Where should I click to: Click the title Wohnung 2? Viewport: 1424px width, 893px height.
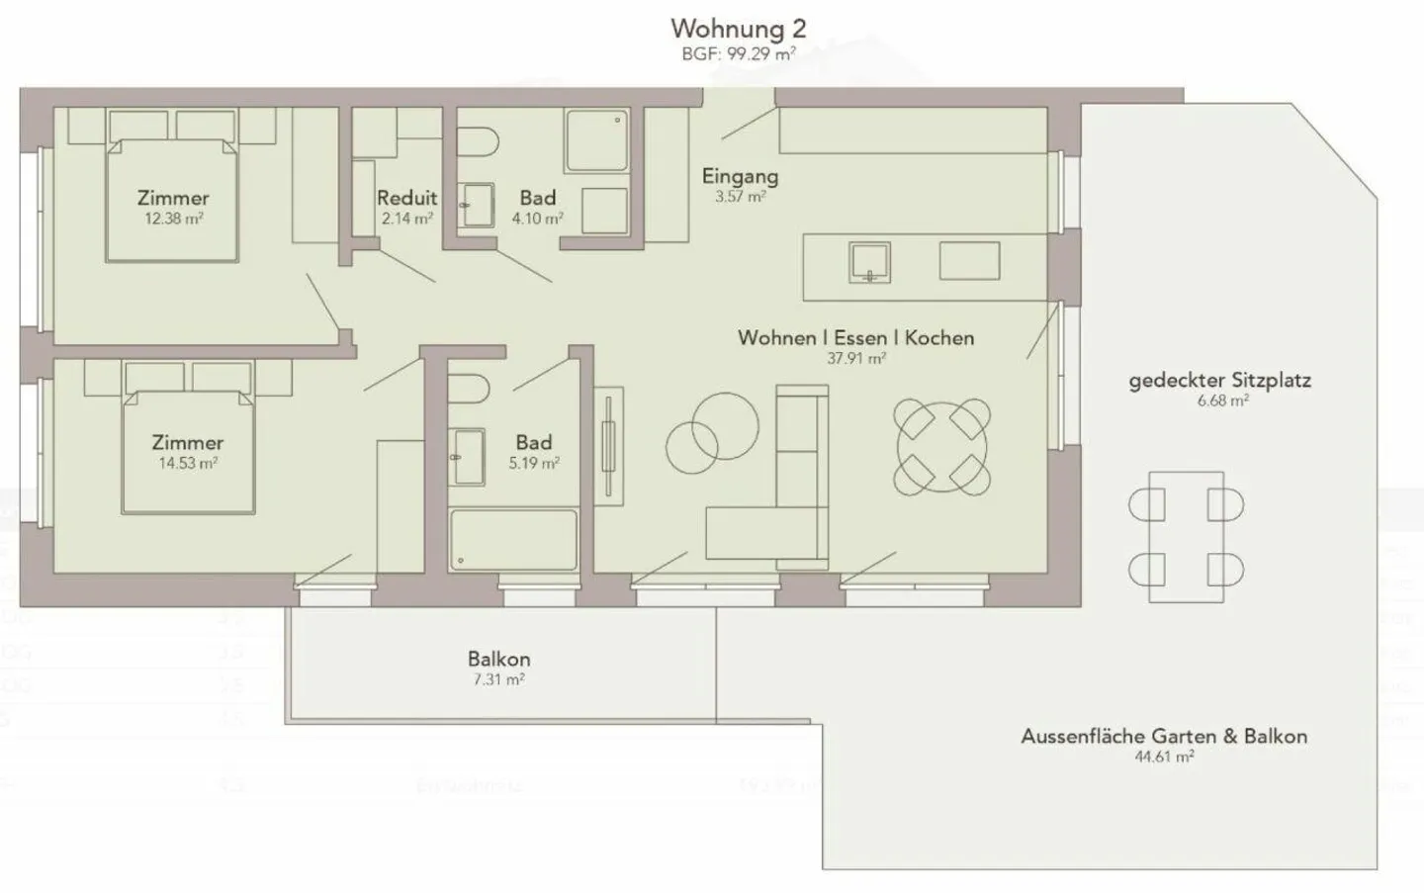pos(738,28)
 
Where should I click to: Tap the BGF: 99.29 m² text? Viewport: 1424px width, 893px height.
pos(738,54)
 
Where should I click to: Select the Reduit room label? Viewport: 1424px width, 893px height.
pos(406,198)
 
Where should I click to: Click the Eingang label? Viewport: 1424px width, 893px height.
pos(740,176)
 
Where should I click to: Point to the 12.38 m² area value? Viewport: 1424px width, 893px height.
pos(173,219)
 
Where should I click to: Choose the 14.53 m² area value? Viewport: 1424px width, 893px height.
pos(188,463)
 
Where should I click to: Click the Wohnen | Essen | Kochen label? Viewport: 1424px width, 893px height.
pos(855,337)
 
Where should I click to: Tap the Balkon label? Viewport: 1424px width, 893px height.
pos(498,659)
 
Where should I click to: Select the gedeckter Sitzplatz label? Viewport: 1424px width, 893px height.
pos(1219,380)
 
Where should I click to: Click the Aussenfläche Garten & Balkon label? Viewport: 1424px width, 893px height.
pos(1163,736)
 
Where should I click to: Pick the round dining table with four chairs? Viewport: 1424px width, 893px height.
pos(942,447)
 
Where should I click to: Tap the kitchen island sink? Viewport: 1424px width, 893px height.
pos(870,261)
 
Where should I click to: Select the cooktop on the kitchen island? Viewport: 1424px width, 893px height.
pos(969,261)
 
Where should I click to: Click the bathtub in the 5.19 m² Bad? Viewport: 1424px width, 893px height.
pos(512,540)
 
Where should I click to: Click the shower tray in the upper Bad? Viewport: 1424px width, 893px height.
pos(596,140)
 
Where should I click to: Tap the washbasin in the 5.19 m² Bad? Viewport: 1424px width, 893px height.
pos(467,457)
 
